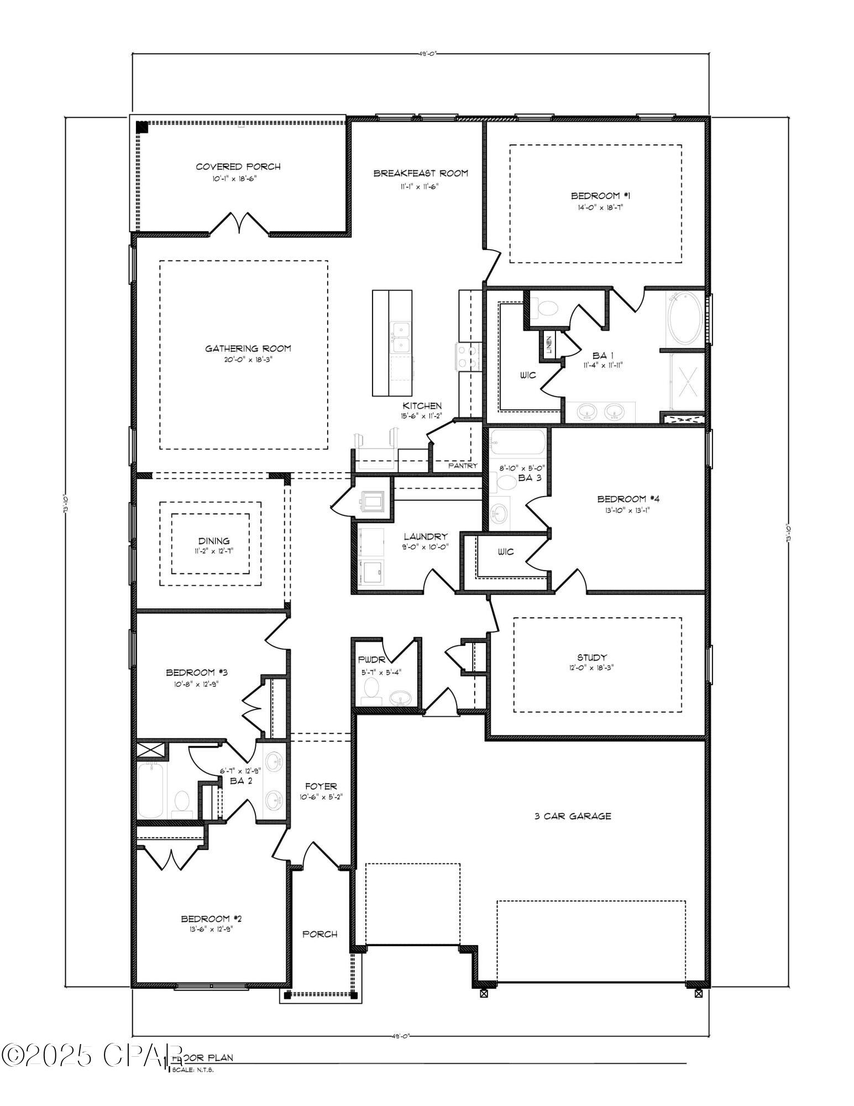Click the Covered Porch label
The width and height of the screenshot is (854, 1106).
[x=238, y=166]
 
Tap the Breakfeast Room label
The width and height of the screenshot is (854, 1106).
[x=421, y=173]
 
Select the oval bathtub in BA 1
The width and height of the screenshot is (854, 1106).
[x=685, y=320]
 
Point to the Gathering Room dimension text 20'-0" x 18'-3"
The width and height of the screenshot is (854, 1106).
[x=248, y=359]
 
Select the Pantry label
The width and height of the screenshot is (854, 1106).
[x=463, y=466]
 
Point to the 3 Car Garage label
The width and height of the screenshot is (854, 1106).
[x=573, y=816]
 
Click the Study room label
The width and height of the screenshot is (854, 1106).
[x=592, y=657]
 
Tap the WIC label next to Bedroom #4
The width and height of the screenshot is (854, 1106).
[x=505, y=551]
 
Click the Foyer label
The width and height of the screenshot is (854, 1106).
[x=320, y=786]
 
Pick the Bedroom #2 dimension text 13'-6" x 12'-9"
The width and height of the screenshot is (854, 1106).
[x=211, y=929]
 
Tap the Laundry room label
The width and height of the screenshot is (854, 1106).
[x=425, y=536]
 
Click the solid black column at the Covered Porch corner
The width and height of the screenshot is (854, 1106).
[x=142, y=127]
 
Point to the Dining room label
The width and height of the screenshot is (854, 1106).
[x=214, y=541]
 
